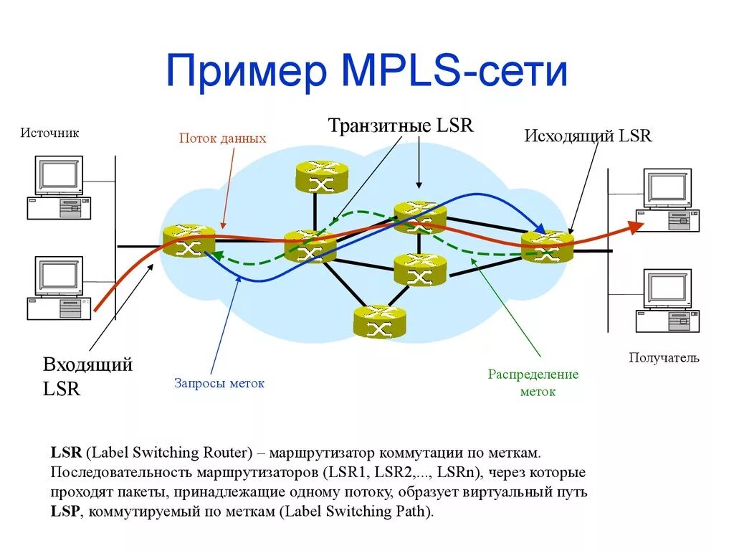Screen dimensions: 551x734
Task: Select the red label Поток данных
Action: [222, 138]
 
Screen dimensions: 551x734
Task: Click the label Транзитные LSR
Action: [401, 126]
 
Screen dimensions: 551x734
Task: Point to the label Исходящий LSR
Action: [588, 136]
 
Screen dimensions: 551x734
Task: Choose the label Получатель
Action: [664, 357]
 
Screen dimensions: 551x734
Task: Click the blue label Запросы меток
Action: [219, 383]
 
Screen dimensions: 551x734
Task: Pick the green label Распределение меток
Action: [533, 383]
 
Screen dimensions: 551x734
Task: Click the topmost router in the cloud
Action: [321, 176]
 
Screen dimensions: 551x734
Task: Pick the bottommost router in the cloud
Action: [379, 321]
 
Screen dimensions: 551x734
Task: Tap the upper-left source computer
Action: [59, 187]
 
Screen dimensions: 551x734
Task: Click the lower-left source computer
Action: [59, 288]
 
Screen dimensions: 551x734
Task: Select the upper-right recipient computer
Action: [667, 199]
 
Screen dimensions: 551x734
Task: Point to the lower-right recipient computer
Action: [667, 300]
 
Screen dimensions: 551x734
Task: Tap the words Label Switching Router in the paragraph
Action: [168, 453]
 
